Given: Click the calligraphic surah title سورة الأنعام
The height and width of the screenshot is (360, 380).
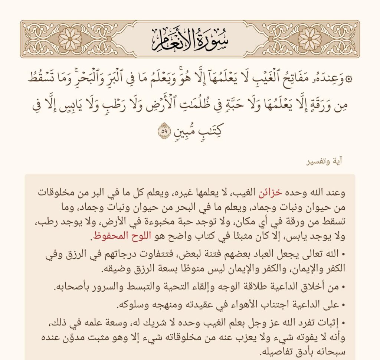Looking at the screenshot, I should click(190, 39).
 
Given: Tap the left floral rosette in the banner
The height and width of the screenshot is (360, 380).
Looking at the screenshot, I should click(71, 39).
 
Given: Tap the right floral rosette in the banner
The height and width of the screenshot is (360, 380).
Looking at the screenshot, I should click(309, 39).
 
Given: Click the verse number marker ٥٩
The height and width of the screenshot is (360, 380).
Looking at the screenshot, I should click(164, 131).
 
